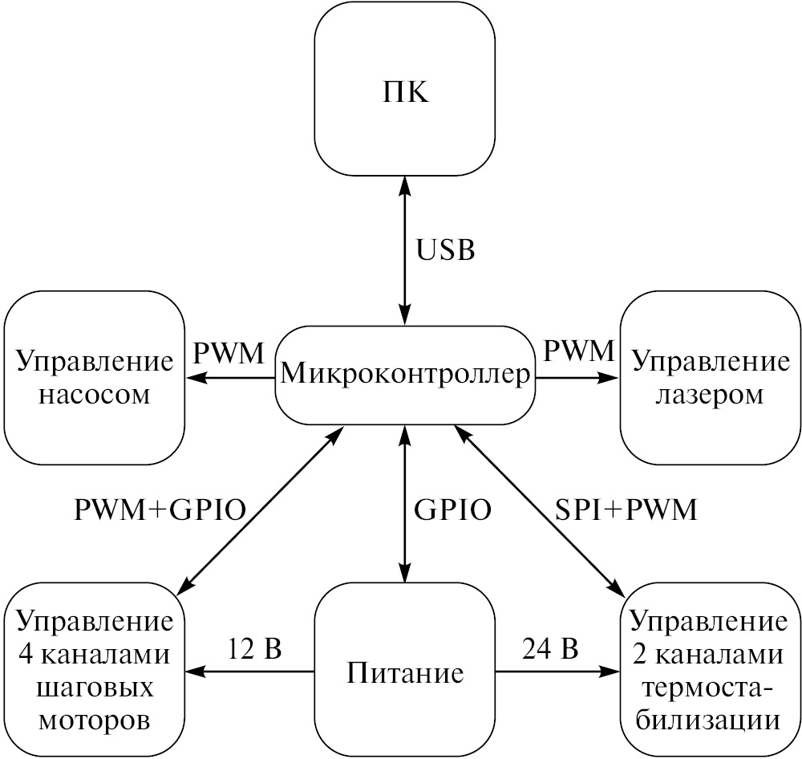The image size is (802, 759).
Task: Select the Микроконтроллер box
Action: [x=405, y=374]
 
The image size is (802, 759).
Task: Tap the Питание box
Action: [x=405, y=671]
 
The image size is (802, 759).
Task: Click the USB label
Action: [x=446, y=250]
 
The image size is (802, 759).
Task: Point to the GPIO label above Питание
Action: [x=452, y=510]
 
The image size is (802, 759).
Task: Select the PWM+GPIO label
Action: [x=160, y=510]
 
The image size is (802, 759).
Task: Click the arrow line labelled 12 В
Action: [x=249, y=671]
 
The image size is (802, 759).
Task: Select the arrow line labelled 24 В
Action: [x=558, y=671]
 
